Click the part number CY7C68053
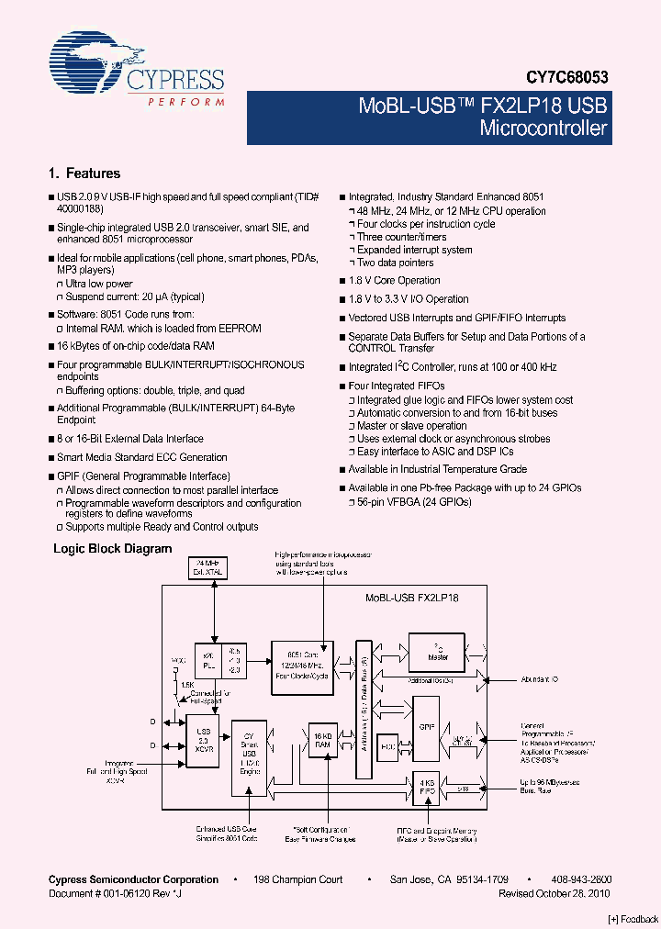(566, 79)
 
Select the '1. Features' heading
(84, 173)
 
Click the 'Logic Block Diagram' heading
(112, 549)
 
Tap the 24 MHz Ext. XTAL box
(208, 567)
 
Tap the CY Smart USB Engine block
(250, 756)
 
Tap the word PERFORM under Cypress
(186, 101)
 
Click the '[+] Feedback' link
(633, 919)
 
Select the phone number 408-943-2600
(582, 879)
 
